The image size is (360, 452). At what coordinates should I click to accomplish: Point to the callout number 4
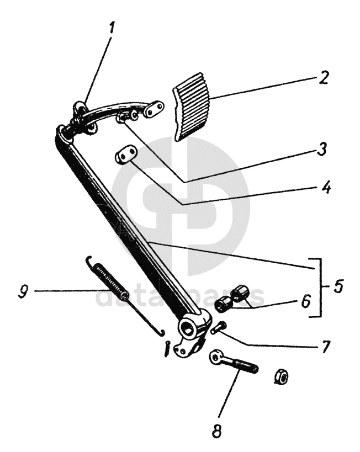click(326, 187)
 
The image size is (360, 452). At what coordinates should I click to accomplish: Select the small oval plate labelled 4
click(126, 155)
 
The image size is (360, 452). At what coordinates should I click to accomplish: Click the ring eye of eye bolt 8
click(216, 358)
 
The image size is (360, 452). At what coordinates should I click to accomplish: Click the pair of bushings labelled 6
click(232, 298)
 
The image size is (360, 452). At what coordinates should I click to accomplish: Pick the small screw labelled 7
click(218, 327)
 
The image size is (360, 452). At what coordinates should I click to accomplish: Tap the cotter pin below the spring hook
click(167, 349)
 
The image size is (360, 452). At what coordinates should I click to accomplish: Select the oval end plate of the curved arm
click(155, 109)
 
